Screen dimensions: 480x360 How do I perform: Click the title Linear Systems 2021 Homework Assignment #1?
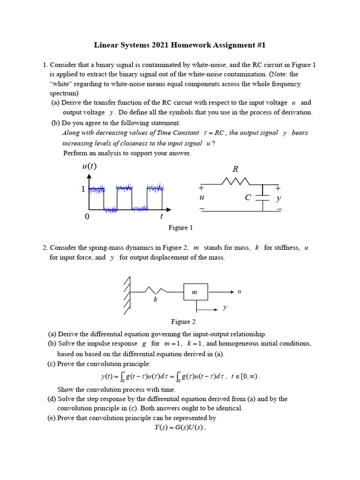pos(180,45)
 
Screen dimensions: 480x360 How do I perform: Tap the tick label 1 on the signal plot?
pos(83,189)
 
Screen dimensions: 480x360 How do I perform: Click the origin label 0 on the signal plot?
pos(87,217)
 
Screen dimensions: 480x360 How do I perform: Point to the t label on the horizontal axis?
pos(161,216)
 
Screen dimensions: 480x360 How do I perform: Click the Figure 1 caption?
pos(180,228)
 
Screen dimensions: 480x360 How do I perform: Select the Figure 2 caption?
pos(180,322)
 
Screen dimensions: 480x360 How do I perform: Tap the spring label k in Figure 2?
pos(155,300)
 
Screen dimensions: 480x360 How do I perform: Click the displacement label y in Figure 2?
pos(225,307)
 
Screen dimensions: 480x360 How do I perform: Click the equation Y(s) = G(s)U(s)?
pos(180,427)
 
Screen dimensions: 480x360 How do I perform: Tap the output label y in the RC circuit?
pos(278,198)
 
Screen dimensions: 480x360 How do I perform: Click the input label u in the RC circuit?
pos(202,198)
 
